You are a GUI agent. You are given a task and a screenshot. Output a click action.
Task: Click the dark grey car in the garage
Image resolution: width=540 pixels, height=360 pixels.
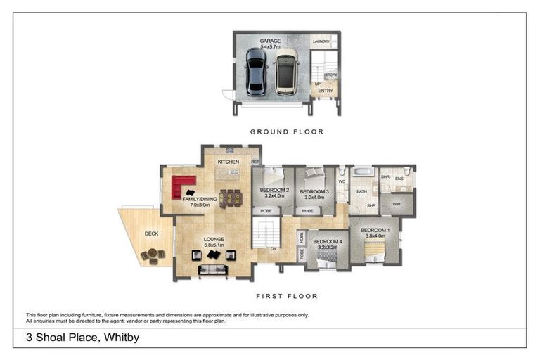point(256,72)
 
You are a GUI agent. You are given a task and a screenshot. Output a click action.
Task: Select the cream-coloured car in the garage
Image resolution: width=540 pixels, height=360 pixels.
point(286,72)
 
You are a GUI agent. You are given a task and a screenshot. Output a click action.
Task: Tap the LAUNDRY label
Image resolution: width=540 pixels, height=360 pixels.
point(321,42)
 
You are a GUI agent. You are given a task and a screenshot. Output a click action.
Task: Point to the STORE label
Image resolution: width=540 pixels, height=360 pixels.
point(332,75)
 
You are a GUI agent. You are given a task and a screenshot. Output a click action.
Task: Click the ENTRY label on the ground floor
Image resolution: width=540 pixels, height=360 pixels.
point(326,91)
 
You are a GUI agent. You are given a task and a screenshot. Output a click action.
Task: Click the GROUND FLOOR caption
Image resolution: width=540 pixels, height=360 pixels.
point(287,131)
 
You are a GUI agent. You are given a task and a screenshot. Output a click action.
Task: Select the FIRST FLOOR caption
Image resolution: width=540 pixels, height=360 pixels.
point(287,296)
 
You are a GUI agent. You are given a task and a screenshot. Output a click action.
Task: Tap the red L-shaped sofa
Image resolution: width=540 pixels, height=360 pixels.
point(183,186)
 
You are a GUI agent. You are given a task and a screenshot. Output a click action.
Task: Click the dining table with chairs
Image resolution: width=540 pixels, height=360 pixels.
point(230,198)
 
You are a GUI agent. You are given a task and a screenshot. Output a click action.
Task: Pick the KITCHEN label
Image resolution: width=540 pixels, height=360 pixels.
point(229,162)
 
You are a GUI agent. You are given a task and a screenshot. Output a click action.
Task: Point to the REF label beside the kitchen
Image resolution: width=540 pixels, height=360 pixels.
point(255,162)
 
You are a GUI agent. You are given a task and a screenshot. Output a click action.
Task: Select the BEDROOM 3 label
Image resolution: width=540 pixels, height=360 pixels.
point(314,191)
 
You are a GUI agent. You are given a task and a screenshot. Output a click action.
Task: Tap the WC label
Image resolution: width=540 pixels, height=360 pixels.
point(342,181)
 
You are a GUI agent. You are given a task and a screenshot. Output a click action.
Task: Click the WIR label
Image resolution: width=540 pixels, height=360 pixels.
point(397,205)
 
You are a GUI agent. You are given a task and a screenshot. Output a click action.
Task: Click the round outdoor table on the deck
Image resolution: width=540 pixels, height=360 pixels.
point(150,255)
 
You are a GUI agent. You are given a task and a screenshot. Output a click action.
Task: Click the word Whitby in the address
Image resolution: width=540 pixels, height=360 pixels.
point(121,337)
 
